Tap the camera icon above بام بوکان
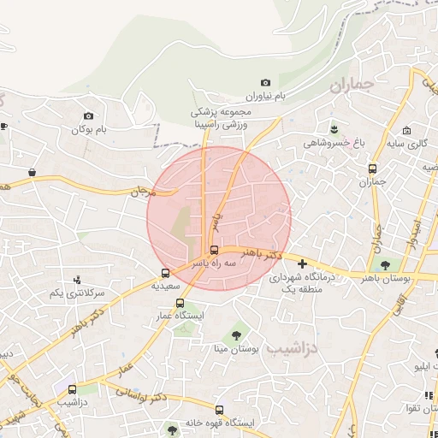coord(88,115)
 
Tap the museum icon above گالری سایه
coord(407,131)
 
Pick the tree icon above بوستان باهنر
coord(387,264)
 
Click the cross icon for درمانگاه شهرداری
coord(301,263)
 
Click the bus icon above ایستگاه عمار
coord(180,303)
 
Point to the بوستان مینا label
coord(237,349)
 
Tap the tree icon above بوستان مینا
coord(237,334)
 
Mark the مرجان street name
coord(139,192)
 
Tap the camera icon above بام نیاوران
coord(265,82)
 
